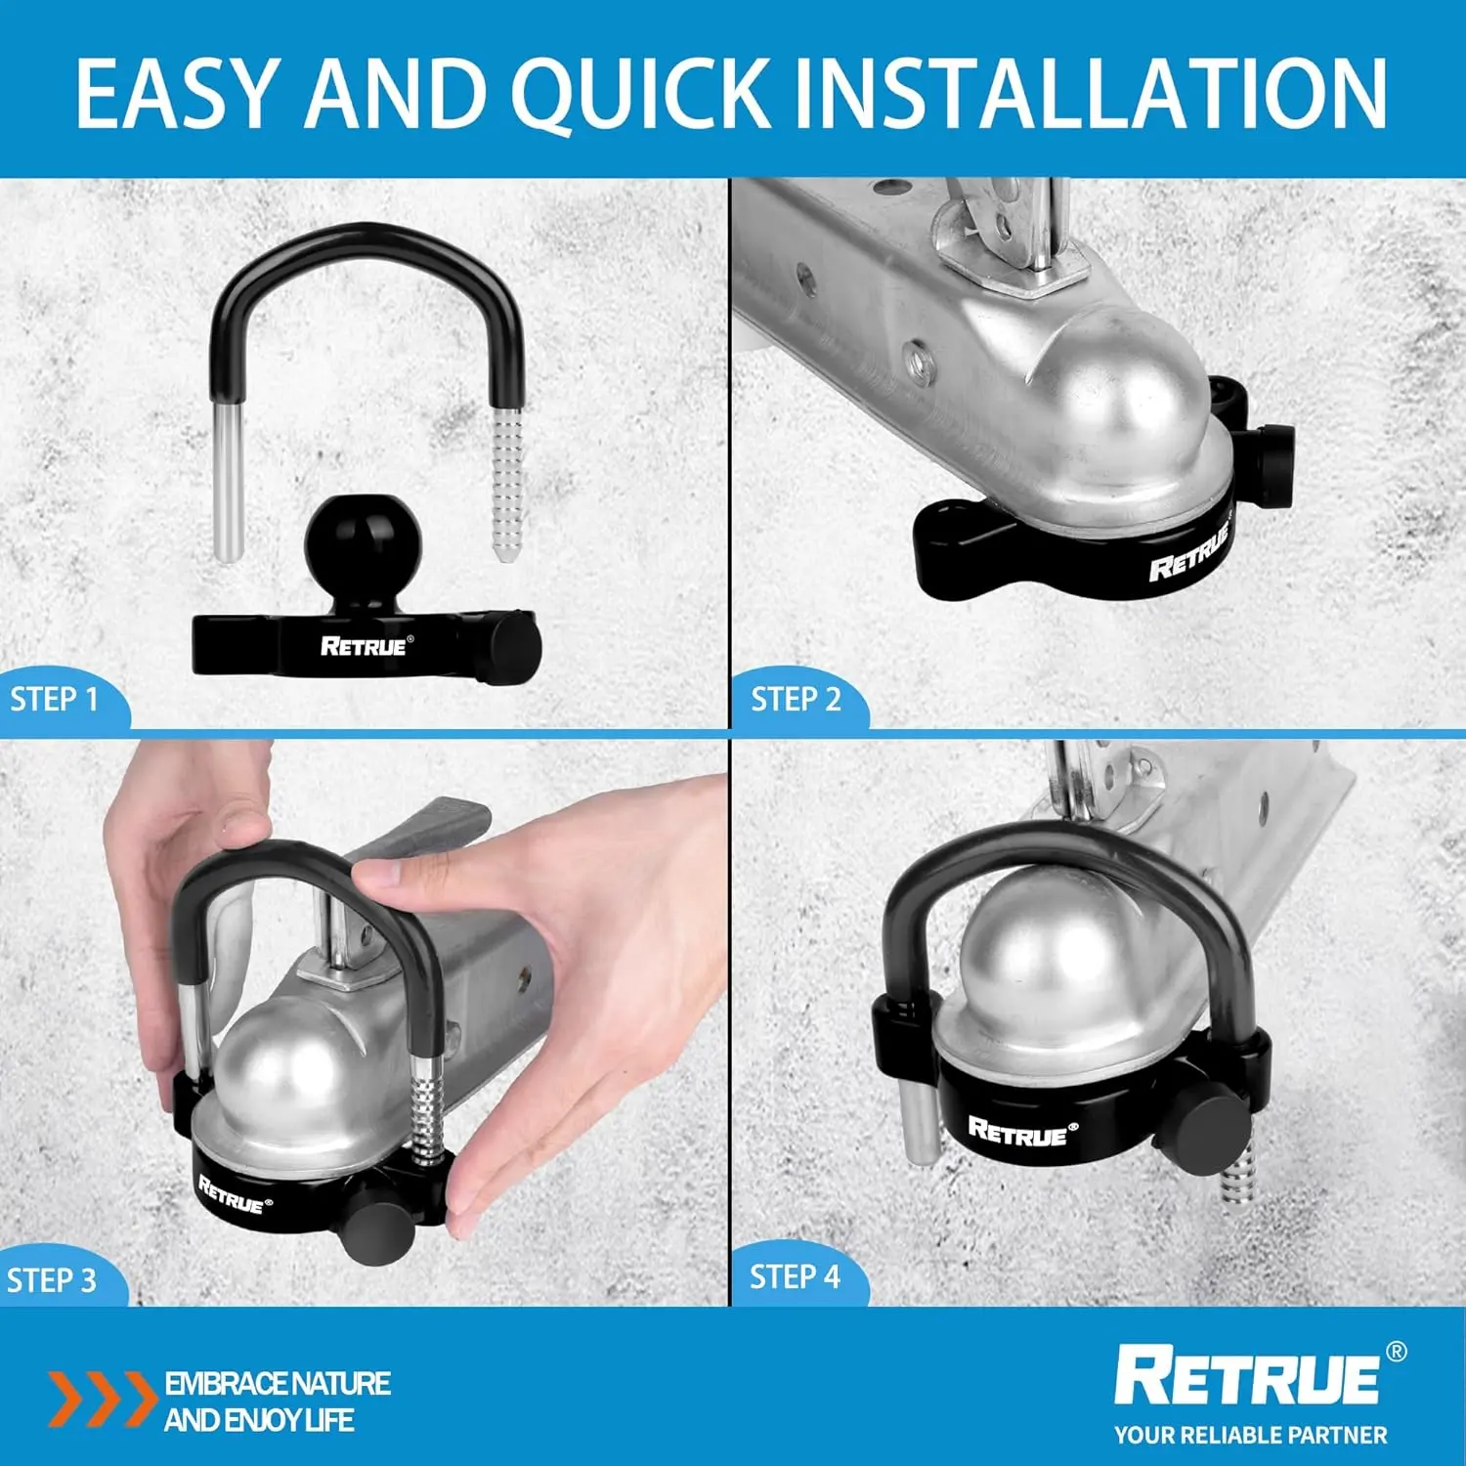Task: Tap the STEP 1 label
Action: point(55,699)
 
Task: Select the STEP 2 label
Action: point(796,699)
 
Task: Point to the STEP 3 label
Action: point(52,1279)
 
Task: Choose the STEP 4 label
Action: point(795,1276)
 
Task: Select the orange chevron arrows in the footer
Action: point(102,1399)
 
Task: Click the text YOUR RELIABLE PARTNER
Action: point(1250,1435)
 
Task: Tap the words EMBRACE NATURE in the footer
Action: point(278,1384)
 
